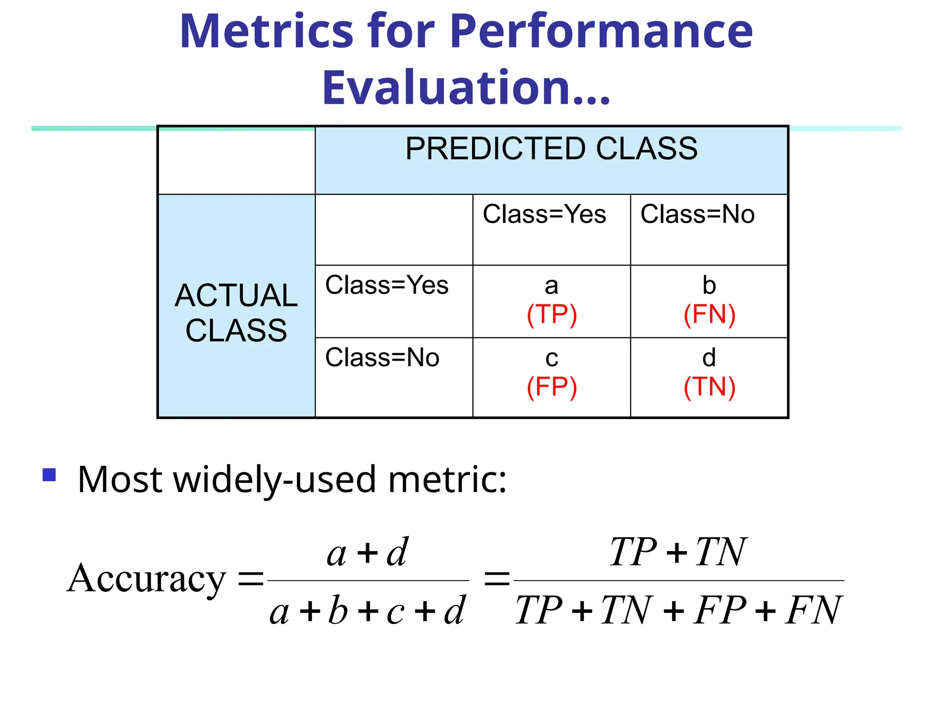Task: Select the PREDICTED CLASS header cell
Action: point(551,149)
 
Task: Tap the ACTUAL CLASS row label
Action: point(236,313)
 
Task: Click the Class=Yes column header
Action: point(544,215)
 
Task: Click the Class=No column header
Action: point(697,215)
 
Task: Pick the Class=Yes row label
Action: point(387,285)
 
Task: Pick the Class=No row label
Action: point(382,358)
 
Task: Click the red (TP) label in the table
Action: point(552,315)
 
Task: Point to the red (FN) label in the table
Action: point(709,315)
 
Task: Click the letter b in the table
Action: point(709,285)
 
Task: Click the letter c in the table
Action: point(552,358)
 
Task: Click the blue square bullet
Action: point(49,475)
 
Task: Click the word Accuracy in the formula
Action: point(146,579)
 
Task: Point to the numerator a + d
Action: point(367,553)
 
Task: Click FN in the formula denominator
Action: point(813,610)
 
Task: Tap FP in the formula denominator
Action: point(719,610)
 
